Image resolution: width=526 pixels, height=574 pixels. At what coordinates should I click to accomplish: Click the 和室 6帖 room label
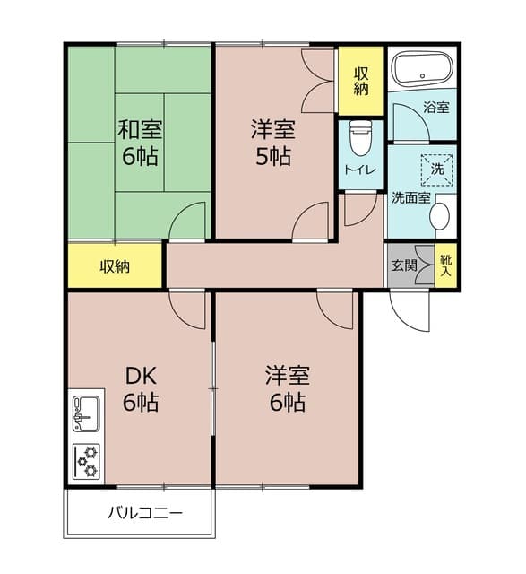139,142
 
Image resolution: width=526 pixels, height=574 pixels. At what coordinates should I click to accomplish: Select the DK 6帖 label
140,387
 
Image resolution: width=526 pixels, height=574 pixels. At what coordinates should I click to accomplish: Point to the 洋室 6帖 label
285,387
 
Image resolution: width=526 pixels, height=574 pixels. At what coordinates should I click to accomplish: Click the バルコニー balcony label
145,514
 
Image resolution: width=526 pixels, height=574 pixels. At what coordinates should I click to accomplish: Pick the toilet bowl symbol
360,137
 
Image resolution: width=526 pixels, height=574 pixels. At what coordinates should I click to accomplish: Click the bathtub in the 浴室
424,69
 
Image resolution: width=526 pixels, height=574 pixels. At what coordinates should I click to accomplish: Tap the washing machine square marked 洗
436,168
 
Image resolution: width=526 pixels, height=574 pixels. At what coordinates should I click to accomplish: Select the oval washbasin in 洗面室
440,216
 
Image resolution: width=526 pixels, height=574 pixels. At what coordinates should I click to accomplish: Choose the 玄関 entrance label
403,265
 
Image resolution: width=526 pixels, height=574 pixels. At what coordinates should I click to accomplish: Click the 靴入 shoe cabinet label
444,265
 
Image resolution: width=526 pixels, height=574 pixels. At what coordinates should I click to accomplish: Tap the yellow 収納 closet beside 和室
115,266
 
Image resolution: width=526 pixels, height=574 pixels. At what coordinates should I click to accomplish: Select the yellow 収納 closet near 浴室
360,81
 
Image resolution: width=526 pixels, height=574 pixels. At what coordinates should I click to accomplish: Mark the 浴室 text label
436,108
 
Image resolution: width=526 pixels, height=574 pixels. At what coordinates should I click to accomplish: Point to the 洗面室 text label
410,198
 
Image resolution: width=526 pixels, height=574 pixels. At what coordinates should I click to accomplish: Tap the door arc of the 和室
188,222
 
